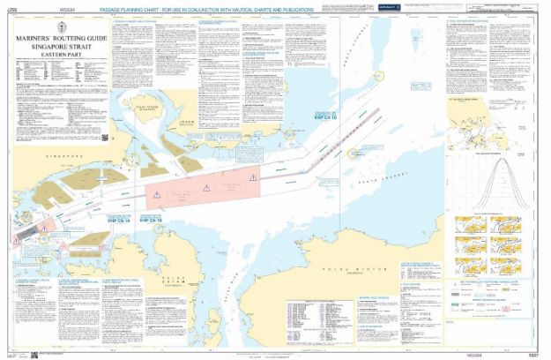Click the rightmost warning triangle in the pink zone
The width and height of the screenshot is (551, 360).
[252, 178]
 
